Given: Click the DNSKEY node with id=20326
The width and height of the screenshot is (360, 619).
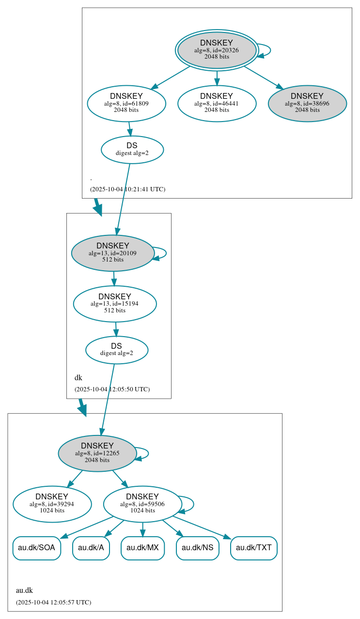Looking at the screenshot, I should tap(217, 50).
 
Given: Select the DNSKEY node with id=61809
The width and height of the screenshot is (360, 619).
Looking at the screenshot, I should tap(126, 103).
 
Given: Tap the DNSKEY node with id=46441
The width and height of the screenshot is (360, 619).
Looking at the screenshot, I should tap(217, 103).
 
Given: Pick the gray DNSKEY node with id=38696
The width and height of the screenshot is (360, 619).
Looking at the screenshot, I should tap(307, 103).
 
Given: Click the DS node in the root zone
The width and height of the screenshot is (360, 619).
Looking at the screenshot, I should tap(132, 150).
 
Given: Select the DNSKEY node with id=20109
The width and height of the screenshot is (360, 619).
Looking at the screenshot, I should tap(113, 253).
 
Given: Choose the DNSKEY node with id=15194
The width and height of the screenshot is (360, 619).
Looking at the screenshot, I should tap(115, 304).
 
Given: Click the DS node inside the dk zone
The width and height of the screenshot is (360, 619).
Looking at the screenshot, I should tap(117, 350).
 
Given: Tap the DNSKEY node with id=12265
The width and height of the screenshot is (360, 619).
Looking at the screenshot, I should tap(97, 453).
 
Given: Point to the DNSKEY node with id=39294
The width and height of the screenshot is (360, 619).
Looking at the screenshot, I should tap(52, 504).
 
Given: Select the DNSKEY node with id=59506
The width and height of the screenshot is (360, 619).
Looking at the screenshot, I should tap(142, 504).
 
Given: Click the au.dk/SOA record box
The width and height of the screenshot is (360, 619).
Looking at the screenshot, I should tap(37, 548).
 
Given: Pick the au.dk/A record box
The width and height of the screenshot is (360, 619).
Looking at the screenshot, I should tap(91, 548).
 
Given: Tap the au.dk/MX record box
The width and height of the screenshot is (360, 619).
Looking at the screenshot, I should tap(142, 548).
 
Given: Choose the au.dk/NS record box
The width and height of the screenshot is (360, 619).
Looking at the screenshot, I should tap(198, 548).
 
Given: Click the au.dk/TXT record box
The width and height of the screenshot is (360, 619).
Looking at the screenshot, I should tap(254, 548).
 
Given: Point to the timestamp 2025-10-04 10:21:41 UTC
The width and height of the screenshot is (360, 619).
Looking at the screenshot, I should tap(127, 189).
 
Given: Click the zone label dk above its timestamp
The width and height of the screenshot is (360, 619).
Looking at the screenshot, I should tap(78, 378).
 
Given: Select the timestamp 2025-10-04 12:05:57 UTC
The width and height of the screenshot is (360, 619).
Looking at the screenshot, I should tap(53, 603).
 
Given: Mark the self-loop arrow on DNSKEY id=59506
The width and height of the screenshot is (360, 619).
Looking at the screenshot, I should tap(193, 504).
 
